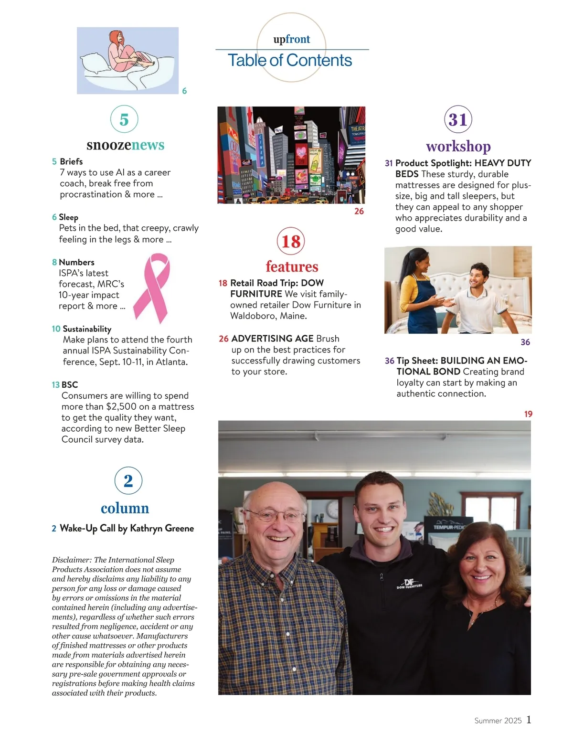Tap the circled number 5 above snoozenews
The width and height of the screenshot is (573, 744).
tap(124, 119)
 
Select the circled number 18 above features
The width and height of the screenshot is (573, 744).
tap(291, 241)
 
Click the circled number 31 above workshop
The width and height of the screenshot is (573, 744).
tap(458, 119)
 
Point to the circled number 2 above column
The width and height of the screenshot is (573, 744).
tap(128, 480)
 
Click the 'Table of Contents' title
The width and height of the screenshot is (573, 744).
tap(290, 61)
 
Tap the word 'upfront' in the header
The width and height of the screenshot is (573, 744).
tap(291, 39)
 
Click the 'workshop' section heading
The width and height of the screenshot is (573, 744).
tap(458, 146)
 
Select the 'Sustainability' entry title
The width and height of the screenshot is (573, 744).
tap(87, 329)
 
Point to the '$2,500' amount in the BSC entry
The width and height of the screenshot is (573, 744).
tap(121, 407)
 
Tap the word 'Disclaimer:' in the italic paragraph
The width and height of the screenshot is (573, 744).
tap(72, 560)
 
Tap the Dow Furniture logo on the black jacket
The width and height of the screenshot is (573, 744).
tap(409, 584)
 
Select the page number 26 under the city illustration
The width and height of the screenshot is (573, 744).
tap(359, 211)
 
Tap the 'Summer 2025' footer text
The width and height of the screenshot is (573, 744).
tap(498, 721)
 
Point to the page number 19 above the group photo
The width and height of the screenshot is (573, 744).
tap(528, 414)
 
